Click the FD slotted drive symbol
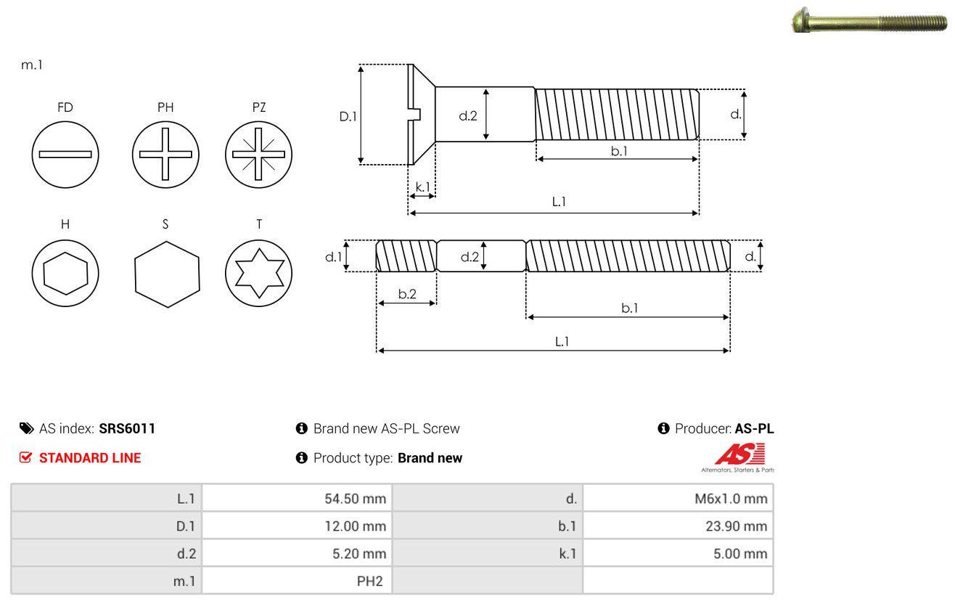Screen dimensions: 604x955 [x=65, y=154]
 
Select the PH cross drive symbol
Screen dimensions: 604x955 [x=165, y=154]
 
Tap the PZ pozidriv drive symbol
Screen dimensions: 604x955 [x=258, y=154]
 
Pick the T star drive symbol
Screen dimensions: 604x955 [x=258, y=273]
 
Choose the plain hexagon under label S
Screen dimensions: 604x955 [x=166, y=273]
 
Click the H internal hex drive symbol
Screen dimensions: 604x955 [x=65, y=273]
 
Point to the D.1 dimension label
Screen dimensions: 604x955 [x=348, y=115]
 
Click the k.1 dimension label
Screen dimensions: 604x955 [x=422, y=187]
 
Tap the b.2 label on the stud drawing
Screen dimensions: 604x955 [x=407, y=294]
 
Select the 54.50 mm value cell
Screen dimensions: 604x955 [x=297, y=498]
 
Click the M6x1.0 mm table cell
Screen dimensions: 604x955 [x=678, y=498]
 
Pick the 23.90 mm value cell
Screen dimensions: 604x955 [x=678, y=526]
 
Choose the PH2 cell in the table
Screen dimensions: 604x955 [x=297, y=581]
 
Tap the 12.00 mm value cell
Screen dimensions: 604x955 [x=297, y=526]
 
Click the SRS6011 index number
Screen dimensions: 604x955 [x=127, y=428]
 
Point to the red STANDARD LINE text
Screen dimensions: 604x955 [x=89, y=458]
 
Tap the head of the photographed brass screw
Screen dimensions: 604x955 [x=798, y=20]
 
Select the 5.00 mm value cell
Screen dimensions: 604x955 [x=678, y=553]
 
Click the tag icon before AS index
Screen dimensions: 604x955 [x=26, y=428]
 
